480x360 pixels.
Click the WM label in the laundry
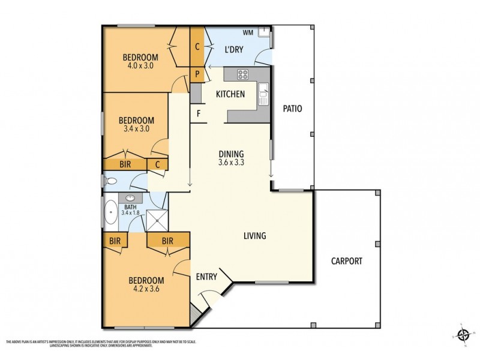pyautogui.click(x=247, y=32)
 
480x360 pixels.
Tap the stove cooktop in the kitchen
pyautogui.click(x=243, y=74)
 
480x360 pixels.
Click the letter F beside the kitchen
pyautogui.click(x=197, y=114)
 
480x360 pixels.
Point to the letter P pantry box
pyautogui.click(x=197, y=75)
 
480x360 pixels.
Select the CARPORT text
pyautogui.click(x=347, y=261)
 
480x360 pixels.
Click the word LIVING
pyautogui.click(x=254, y=236)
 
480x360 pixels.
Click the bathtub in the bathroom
pyautogui.click(x=111, y=212)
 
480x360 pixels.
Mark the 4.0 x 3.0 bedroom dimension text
pyautogui.click(x=140, y=66)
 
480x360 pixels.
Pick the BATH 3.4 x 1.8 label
pyautogui.click(x=130, y=209)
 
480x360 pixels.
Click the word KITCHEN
pyautogui.click(x=230, y=94)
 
